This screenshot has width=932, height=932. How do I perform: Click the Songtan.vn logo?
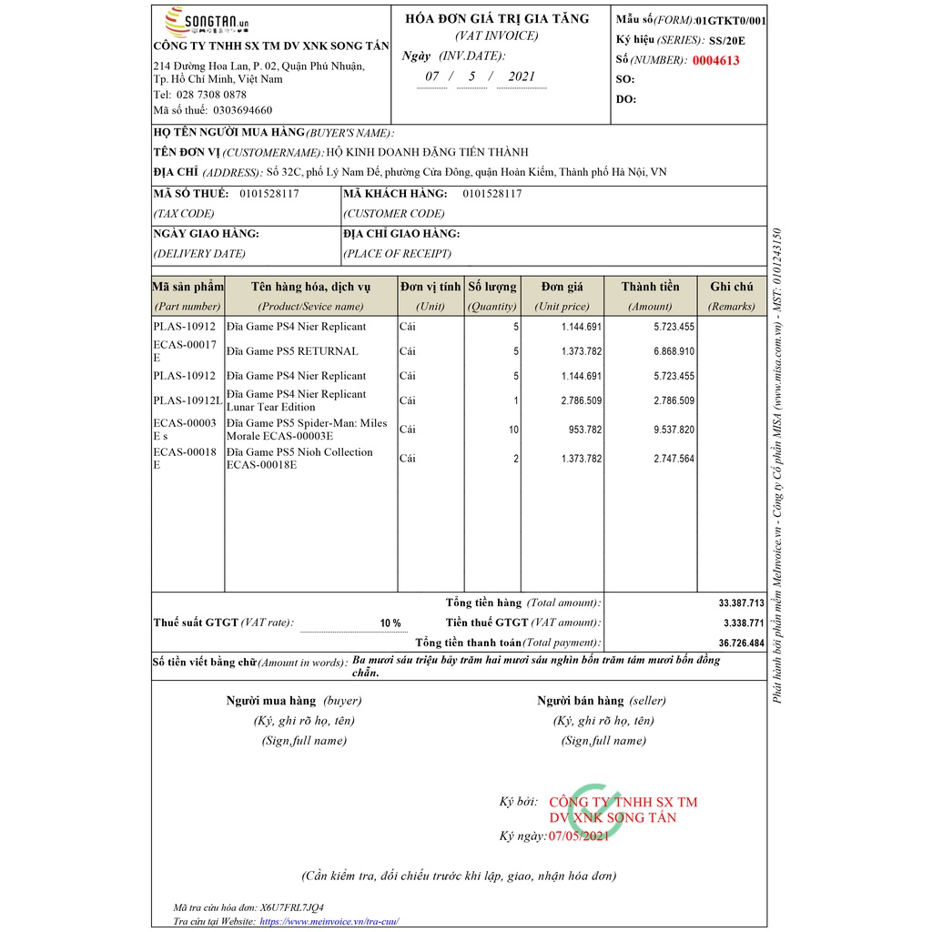point(206,21)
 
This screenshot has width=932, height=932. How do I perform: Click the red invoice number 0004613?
point(715,61)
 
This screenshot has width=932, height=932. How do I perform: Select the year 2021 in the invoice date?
point(522,76)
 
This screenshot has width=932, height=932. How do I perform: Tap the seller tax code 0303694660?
point(242,110)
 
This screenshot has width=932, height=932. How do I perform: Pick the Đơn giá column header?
point(562,287)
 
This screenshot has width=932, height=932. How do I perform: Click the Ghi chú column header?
point(732,287)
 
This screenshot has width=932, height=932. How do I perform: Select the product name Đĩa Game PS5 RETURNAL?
point(292,351)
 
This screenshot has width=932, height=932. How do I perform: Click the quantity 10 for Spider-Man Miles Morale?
point(513,430)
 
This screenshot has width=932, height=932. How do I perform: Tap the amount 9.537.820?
point(674,430)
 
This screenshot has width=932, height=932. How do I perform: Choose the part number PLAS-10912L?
point(187,400)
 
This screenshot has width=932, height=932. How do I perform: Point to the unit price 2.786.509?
point(581,400)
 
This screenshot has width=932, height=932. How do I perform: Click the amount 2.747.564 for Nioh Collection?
point(674,459)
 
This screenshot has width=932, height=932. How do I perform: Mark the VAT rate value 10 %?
point(390,623)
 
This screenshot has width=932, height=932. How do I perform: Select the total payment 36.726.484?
point(741,643)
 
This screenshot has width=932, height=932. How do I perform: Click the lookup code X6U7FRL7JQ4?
point(291,907)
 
